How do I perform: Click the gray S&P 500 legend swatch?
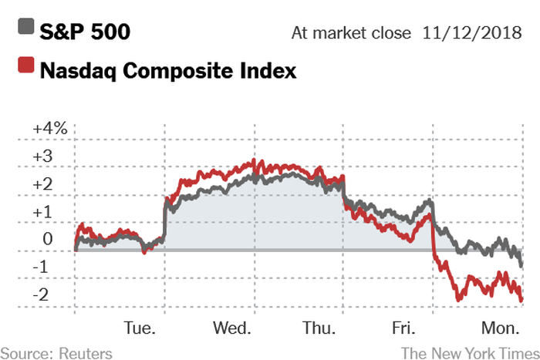click(25, 31)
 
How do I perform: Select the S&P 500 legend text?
click(85, 32)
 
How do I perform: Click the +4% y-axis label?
click(50, 128)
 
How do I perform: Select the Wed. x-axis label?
click(233, 328)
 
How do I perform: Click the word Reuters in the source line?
click(83, 352)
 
